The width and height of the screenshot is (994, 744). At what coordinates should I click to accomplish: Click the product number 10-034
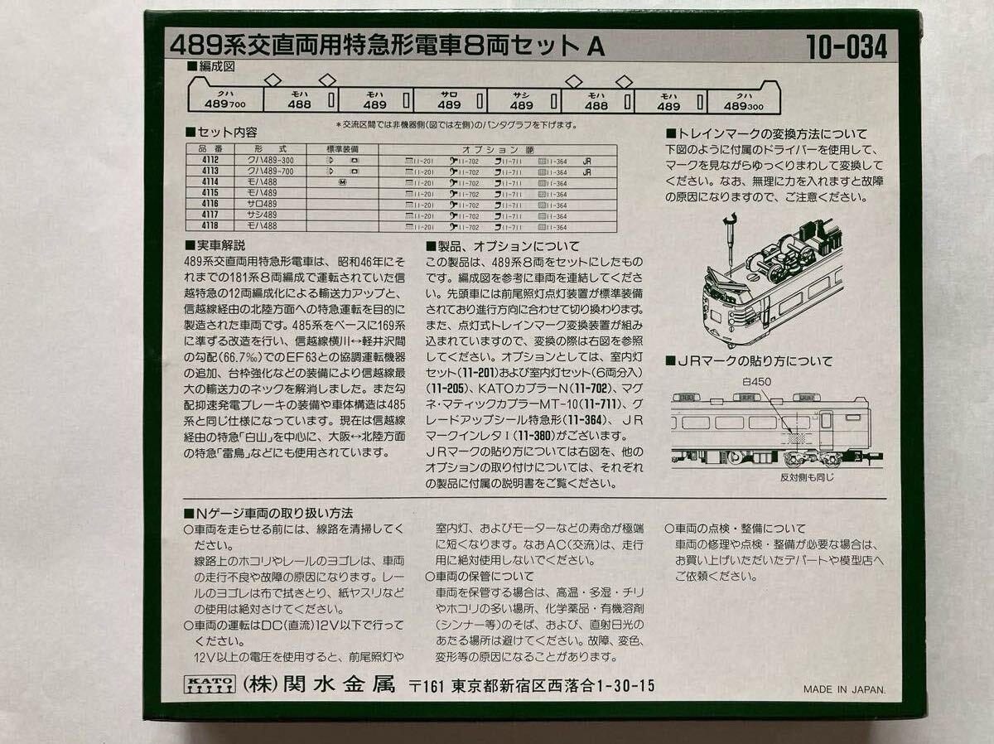point(846,47)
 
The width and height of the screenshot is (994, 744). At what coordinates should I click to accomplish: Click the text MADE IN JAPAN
point(844,688)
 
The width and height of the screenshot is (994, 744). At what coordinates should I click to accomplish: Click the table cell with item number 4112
point(209,161)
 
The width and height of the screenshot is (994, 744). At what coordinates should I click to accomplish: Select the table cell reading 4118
point(209,225)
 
